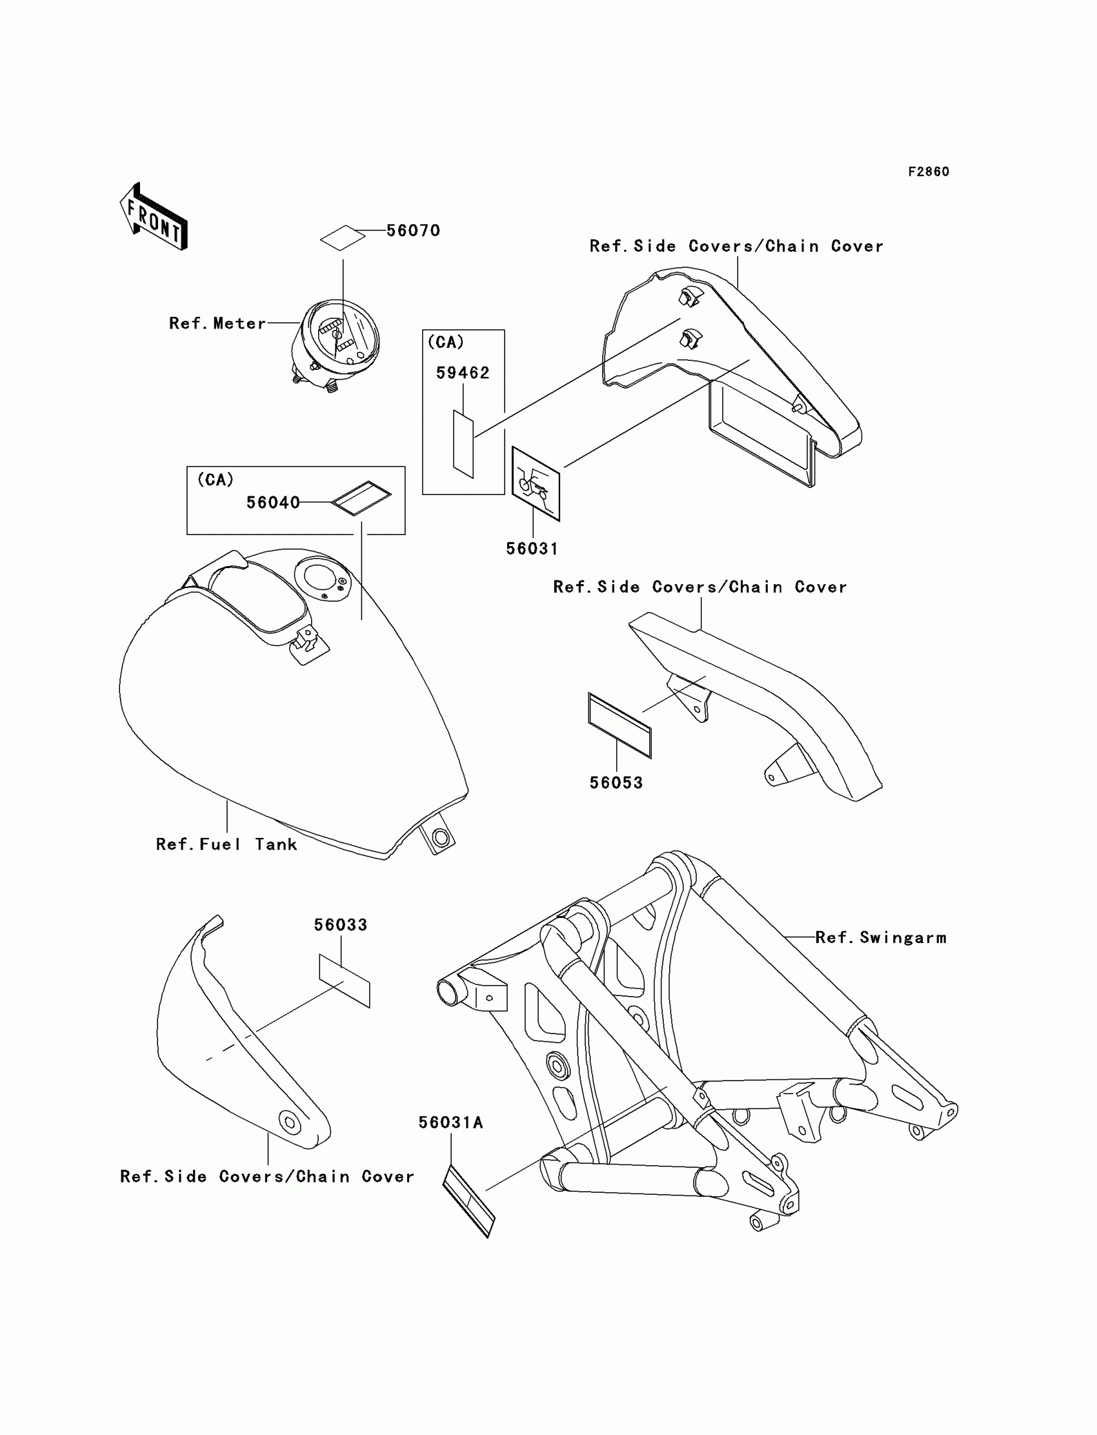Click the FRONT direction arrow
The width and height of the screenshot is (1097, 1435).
154,217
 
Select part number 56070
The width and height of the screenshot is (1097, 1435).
413,230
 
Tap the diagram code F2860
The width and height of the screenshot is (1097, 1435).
928,172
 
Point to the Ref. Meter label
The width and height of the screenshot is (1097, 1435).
217,323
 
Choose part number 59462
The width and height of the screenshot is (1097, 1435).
462,373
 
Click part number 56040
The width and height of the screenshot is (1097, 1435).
273,502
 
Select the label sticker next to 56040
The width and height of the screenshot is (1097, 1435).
361,498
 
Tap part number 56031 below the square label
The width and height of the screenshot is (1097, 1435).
532,549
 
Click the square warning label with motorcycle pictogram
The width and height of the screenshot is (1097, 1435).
536,483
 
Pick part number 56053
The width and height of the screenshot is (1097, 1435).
616,782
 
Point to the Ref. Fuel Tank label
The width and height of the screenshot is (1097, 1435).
226,844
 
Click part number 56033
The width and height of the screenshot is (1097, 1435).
340,925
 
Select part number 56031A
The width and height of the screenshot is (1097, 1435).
450,1122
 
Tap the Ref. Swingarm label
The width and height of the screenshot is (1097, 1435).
880,938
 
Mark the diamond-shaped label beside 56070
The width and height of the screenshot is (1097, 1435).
343,238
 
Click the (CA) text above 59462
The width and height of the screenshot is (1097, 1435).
445,342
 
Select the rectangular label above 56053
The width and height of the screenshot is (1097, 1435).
619,725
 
